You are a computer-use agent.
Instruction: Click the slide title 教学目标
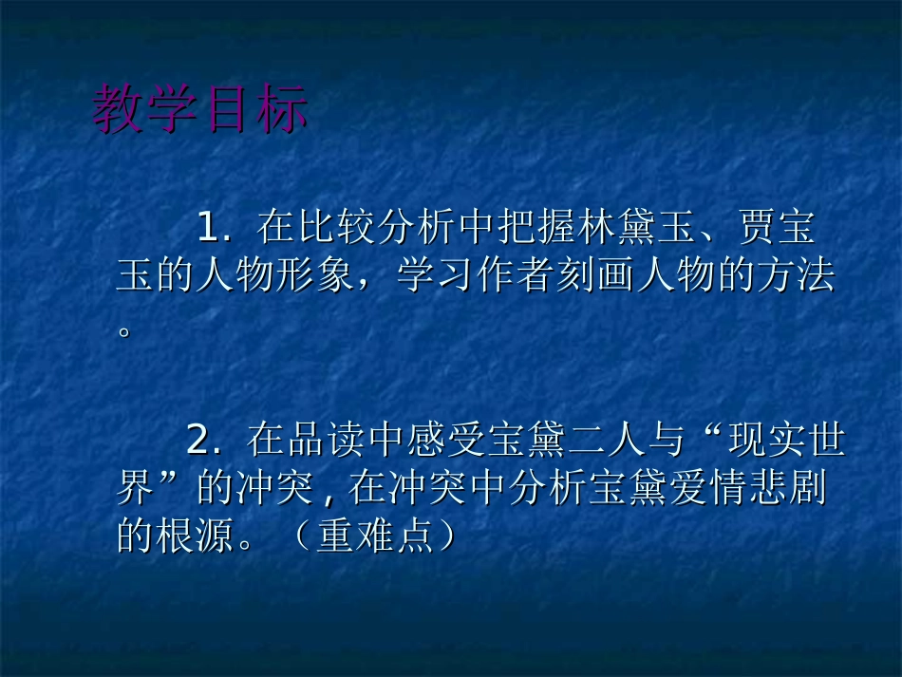click(200, 110)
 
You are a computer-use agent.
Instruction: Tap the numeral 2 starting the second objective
click(198, 441)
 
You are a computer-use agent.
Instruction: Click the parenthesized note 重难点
click(376, 537)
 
